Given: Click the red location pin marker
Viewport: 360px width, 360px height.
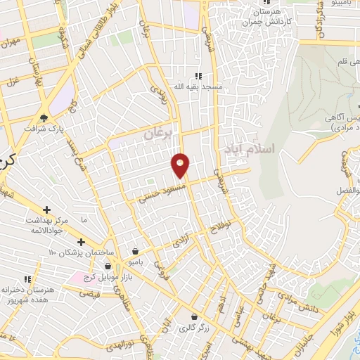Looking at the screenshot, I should [181, 165].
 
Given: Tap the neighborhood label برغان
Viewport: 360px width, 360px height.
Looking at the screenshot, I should [157, 132].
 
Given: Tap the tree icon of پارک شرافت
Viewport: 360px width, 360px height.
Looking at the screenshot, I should [44, 118].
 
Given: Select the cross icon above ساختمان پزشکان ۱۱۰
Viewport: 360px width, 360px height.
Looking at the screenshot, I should [81, 243].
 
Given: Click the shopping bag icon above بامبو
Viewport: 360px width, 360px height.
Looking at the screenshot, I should [135, 250].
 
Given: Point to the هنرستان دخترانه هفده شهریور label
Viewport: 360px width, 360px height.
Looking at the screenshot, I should [28, 294].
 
